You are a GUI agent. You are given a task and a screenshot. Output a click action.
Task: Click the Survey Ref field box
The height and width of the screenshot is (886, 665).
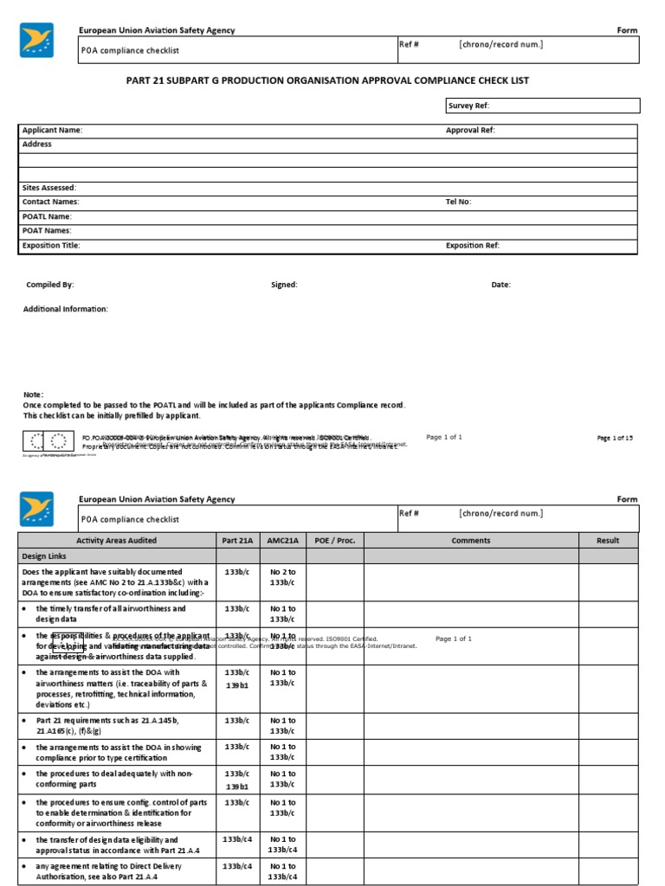[542, 106]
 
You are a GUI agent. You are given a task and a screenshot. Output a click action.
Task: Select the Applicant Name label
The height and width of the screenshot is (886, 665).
[52, 130]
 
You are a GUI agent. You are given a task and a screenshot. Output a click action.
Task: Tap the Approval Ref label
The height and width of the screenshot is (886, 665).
[470, 130]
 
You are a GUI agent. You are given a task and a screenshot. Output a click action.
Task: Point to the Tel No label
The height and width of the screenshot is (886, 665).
[459, 202]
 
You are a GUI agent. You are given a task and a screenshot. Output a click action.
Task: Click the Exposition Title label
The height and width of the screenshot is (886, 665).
[51, 246]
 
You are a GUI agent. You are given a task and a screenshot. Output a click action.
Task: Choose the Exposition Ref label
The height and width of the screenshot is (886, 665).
[473, 246]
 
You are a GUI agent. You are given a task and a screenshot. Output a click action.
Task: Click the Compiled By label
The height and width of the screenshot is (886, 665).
[50, 285]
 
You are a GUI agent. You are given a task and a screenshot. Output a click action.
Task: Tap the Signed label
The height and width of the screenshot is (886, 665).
[284, 285]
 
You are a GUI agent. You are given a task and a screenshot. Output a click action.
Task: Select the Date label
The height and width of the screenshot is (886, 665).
[500, 285]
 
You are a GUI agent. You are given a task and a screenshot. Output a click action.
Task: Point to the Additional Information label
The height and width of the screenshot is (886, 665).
[66, 309]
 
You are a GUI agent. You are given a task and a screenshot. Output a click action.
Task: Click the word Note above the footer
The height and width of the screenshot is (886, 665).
[34, 395]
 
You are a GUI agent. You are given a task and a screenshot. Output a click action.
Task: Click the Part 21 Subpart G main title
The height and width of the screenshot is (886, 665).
[327, 80]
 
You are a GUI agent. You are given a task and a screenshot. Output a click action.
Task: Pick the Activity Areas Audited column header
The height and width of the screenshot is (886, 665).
[117, 541]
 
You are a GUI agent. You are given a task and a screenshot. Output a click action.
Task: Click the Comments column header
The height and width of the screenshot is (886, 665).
[471, 541]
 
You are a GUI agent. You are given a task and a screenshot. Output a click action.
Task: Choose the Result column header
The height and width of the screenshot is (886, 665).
[608, 541]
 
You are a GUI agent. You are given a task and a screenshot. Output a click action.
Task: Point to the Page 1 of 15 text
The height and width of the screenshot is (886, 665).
[615, 439]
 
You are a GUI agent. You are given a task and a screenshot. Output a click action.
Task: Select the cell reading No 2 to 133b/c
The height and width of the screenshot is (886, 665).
[281, 577]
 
